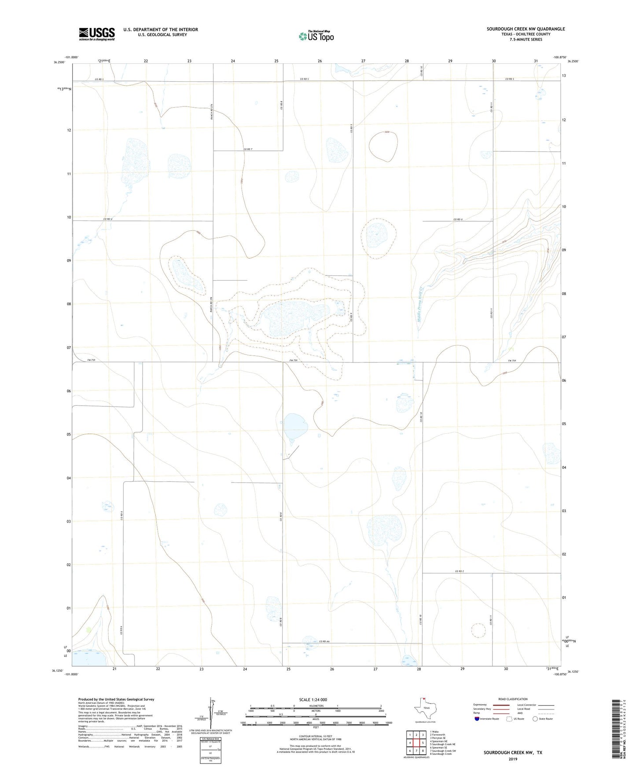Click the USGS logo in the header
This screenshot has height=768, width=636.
[96, 34]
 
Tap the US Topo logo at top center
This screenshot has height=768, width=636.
[316, 36]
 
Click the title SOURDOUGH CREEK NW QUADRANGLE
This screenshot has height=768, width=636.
[526, 29]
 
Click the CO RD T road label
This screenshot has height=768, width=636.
[248, 149]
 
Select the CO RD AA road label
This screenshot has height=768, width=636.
[324, 641]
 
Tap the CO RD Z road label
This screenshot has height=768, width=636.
[460, 571]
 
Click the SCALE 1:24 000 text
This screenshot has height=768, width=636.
[313, 700]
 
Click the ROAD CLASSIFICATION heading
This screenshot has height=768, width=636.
[513, 699]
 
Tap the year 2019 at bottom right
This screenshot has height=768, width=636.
[512, 759]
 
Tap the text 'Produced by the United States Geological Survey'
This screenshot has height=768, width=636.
[116, 699]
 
